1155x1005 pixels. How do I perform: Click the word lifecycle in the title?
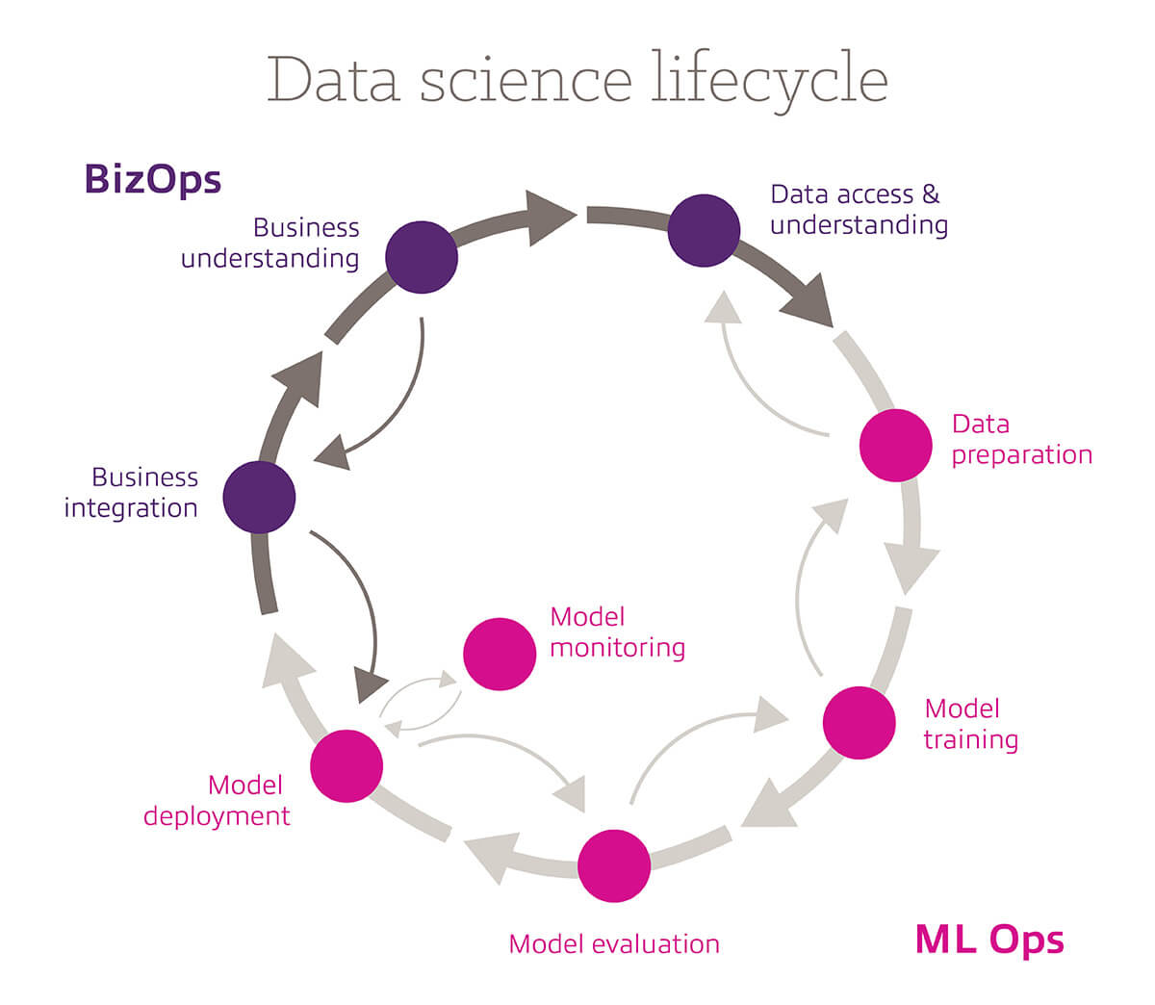coord(768,81)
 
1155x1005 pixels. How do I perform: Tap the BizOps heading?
coord(153,179)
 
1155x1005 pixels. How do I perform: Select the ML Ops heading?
coord(989,939)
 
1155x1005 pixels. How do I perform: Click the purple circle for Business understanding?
coord(422,257)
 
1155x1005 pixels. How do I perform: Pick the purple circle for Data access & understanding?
coord(704,230)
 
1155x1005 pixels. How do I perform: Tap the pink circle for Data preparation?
coord(895,446)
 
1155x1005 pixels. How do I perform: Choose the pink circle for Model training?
coord(860,723)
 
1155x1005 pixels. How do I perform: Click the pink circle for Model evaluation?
coord(614,864)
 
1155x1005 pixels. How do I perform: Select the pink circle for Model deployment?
coord(346,766)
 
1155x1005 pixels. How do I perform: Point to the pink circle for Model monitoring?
coord(500,654)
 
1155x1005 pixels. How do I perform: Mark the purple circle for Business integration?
coord(259,497)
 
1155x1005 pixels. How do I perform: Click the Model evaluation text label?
coord(614,944)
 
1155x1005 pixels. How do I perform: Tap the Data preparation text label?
coord(1021,440)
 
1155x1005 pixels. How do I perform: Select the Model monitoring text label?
coord(617,632)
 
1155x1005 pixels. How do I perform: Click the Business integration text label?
coord(131,493)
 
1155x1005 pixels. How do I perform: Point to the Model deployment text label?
coord(217,801)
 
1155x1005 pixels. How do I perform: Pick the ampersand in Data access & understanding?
coord(930,194)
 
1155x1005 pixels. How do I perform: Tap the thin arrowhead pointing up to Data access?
coord(724,307)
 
